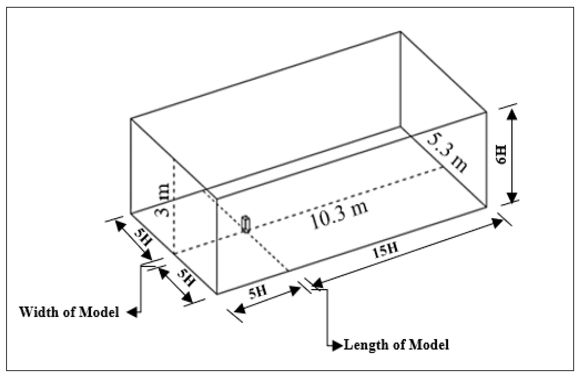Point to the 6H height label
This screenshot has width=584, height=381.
501,155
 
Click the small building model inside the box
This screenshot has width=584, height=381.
246,224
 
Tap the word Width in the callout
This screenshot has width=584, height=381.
39,312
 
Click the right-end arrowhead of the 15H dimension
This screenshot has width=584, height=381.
498,223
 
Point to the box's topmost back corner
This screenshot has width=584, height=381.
400,31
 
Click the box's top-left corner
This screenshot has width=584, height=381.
131,118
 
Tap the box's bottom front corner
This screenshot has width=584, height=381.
217,294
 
